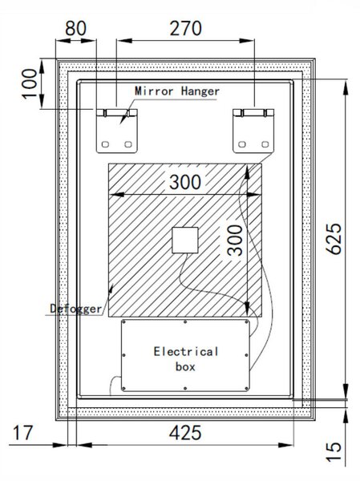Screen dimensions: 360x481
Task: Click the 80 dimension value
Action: coord(75,28)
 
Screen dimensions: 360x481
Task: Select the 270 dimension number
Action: coord(186,28)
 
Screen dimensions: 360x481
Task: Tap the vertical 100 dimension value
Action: coord(30,83)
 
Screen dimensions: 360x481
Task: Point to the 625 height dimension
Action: coord(334,239)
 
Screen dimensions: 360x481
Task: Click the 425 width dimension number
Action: coord(185,433)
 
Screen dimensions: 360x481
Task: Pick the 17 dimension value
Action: coord(22,433)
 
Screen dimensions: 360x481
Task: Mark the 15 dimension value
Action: coord(334,451)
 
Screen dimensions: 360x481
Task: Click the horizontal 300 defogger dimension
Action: coord(185,182)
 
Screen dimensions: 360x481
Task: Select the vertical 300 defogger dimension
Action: coord(236,240)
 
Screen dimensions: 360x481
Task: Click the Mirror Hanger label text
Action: coord(177,91)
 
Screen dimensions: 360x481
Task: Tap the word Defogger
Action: coord(76,309)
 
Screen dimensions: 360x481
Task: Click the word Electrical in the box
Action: coord(186,352)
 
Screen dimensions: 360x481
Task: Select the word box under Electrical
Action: coord(185,366)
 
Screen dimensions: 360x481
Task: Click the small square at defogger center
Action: coord(184,240)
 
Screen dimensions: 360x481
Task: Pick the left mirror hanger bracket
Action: coord(117,131)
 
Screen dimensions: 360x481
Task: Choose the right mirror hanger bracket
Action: coord(253,131)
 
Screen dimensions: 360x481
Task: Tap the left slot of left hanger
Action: coord(105,144)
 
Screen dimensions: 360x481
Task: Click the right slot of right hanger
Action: coord(265,144)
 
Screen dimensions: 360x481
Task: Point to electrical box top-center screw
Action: coord(185,322)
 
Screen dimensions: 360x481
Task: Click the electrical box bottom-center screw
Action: coord(185,388)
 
